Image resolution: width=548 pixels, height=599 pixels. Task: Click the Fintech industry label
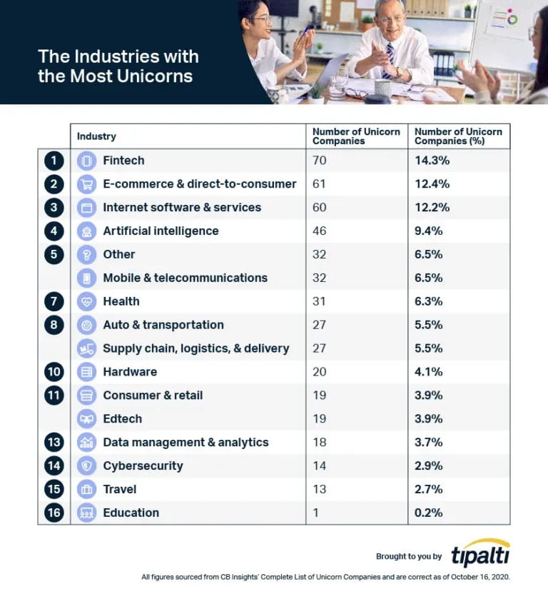[123, 161]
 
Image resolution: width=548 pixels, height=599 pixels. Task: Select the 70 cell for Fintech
[320, 161]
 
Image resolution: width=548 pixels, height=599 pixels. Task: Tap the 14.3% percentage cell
[432, 161]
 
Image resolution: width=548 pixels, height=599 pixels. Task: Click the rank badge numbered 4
[54, 231]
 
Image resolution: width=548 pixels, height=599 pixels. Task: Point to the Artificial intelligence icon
[86, 231]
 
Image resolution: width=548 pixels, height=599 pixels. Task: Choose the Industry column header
[96, 136]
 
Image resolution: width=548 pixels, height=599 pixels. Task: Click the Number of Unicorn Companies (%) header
[458, 136]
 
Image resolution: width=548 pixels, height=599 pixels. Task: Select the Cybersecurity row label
[143, 465]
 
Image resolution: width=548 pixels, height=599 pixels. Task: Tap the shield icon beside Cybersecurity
[86, 465]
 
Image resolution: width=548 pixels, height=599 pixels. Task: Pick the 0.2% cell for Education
[429, 513]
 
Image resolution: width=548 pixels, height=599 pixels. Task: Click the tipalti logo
[480, 554]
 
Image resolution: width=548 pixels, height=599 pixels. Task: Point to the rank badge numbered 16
[54, 513]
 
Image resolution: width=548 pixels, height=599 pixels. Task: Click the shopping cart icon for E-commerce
[86, 184]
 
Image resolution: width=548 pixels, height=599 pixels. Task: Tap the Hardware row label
[130, 372]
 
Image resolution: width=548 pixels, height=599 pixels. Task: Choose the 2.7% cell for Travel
[429, 489]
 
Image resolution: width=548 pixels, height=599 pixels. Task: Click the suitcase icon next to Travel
[86, 489]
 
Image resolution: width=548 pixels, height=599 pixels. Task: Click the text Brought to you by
[409, 556]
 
